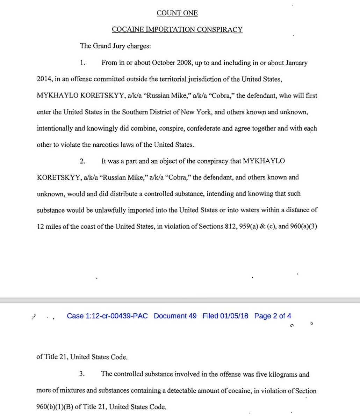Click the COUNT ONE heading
[x=177, y=13]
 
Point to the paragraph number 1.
[x=82, y=63]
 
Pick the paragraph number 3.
[x=82, y=374]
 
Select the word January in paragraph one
[x=296, y=63]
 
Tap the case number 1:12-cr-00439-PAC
[x=107, y=316]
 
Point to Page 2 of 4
[x=273, y=316]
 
